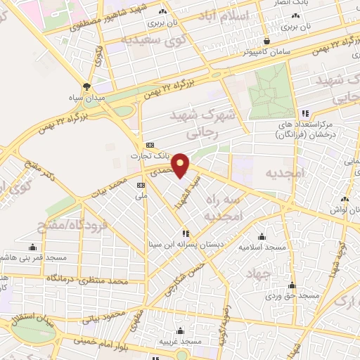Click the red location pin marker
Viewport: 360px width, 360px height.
pyautogui.click(x=181, y=165)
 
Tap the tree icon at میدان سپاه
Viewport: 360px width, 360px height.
pyautogui.click(x=86, y=86)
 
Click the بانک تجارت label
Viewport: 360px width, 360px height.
pyautogui.click(x=147, y=157)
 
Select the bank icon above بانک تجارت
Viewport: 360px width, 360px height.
pyautogui.click(x=148, y=144)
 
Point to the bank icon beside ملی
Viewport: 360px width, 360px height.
pyautogui.click(x=141, y=185)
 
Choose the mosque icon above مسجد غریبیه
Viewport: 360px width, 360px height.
pyautogui.click(x=181, y=330)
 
